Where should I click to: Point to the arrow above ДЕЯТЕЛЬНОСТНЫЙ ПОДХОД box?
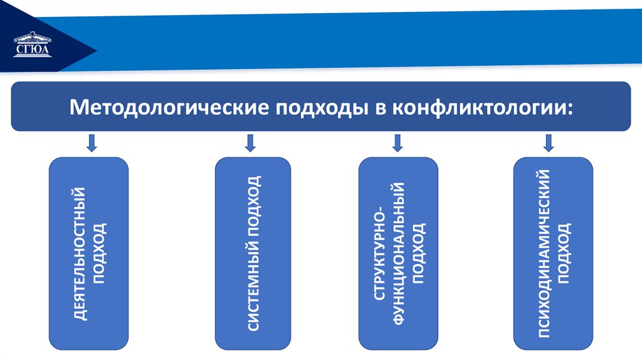pyautogui.click(x=92, y=143)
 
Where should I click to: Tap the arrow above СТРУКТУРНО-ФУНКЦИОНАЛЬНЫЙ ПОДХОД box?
pyautogui.click(x=396, y=143)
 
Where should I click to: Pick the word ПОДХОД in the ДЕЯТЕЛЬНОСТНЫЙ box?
pyautogui.click(x=100, y=254)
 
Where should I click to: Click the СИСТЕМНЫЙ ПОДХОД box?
pyautogui.click(x=253, y=253)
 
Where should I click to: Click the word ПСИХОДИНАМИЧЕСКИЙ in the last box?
pyautogui.click(x=543, y=253)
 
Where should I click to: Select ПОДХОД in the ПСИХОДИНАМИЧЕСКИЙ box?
pyautogui.click(x=564, y=253)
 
